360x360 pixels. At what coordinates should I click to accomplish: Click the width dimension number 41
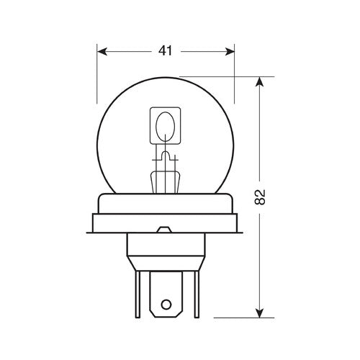[x=166, y=51]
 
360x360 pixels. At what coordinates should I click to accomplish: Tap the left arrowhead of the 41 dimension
[x=102, y=51]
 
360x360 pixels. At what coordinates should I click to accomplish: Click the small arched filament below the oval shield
[x=165, y=155]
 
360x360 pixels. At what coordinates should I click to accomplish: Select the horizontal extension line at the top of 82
[x=223, y=76]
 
